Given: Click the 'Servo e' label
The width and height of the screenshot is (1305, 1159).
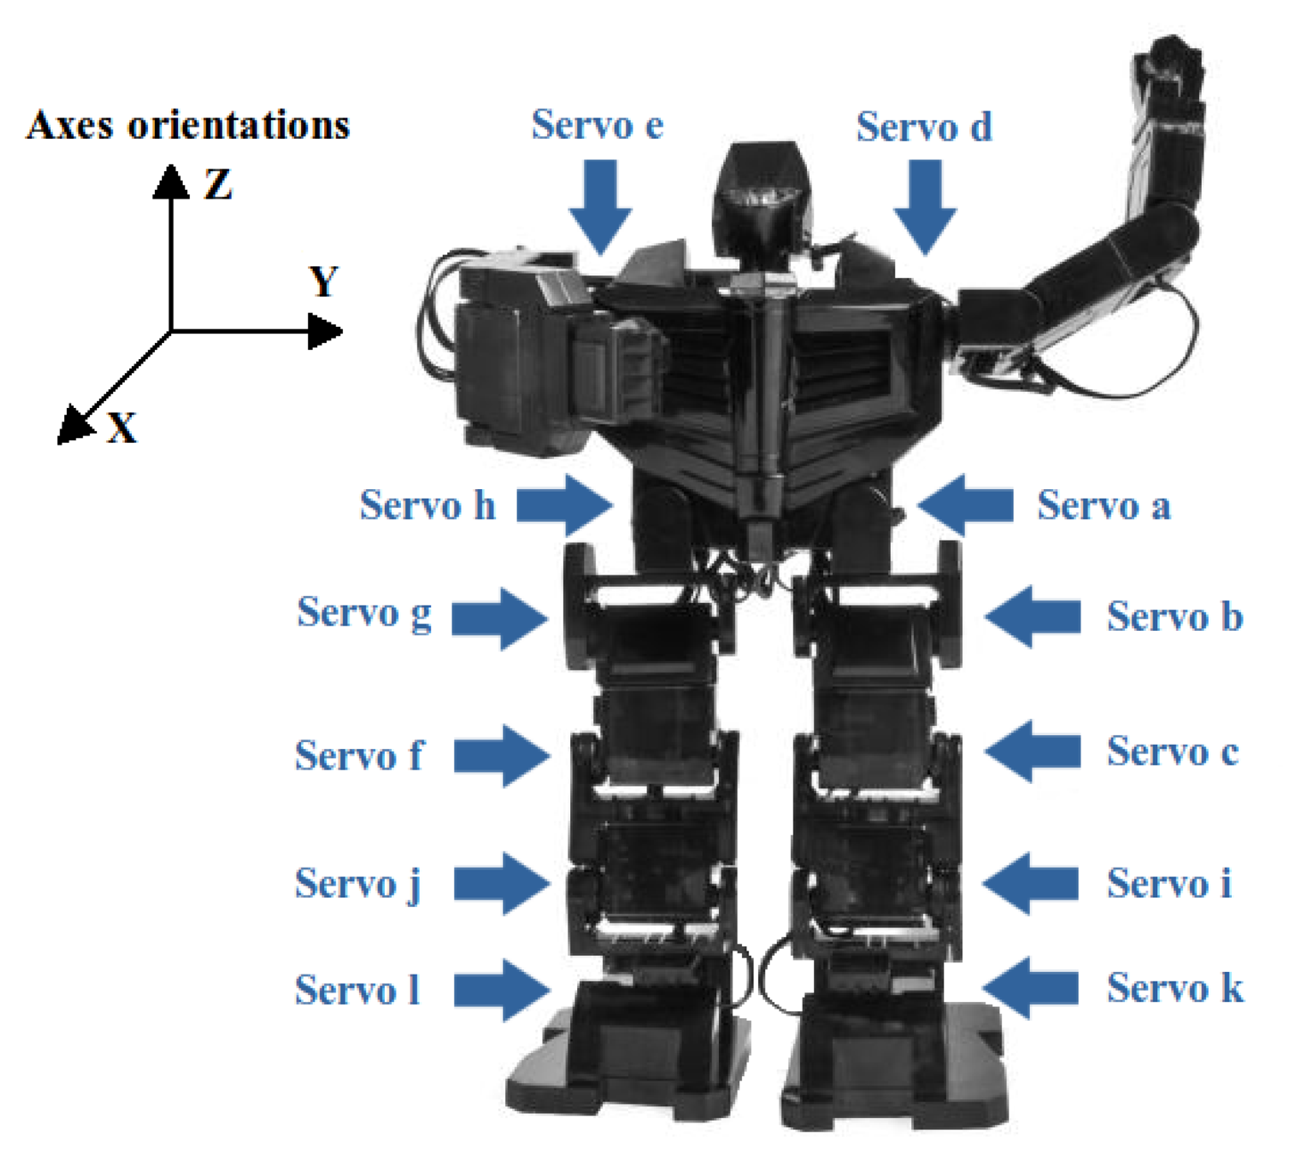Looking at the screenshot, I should pos(597,125).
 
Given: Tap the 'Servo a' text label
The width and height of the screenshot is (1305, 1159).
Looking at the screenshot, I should pos(1103,506).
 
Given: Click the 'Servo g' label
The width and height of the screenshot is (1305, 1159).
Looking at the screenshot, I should pos(364,613).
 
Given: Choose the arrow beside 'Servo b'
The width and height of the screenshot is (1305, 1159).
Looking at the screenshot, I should pos(1032,616).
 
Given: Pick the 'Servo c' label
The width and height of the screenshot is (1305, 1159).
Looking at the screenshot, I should pos(1172,752).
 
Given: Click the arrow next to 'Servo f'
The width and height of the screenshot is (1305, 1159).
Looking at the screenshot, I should pos(502,755).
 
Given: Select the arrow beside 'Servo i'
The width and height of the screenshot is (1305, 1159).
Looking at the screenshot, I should pos(1031,884).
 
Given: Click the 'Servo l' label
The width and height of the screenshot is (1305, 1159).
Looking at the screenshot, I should pos(357,990).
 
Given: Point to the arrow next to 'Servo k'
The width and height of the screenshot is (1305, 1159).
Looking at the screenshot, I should pos(1031,988).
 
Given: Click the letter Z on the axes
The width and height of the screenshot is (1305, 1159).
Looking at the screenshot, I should pos(218,184).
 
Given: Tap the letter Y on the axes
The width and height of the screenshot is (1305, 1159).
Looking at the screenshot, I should pos(324,282).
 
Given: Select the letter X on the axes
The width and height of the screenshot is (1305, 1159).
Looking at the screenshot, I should pos(122,429).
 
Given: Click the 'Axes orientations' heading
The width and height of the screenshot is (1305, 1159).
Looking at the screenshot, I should pos(188,125).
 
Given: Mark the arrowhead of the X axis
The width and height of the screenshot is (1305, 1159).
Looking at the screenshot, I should pos(73,424).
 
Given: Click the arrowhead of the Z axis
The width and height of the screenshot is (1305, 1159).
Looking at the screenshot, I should pos(170,181).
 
